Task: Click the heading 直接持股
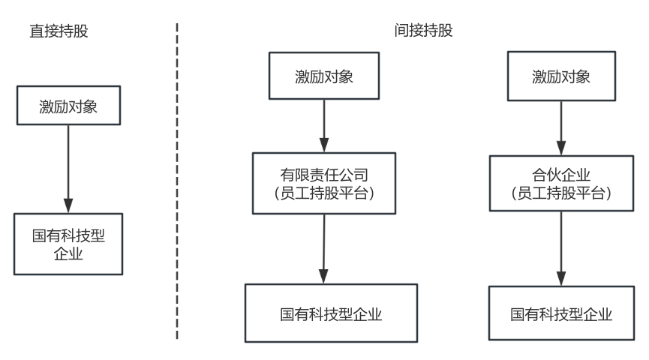pos(59,32)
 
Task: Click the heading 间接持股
pos(424,31)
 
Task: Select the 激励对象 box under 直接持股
pos(68,106)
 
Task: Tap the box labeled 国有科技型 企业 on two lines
pos(68,244)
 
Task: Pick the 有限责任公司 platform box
pos(324,184)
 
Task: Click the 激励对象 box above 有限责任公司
pos(324,76)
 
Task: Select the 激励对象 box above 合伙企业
pos(561,76)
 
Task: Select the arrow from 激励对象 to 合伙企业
pos(561,127)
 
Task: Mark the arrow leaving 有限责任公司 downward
pos(324,247)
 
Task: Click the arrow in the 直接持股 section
pos(68,169)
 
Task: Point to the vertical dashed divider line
pos(177,180)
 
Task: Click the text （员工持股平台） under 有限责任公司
pos(324,193)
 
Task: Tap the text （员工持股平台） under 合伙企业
pos(561,193)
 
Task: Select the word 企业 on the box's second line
pos(68,254)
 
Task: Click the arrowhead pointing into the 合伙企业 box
pos(561,148)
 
